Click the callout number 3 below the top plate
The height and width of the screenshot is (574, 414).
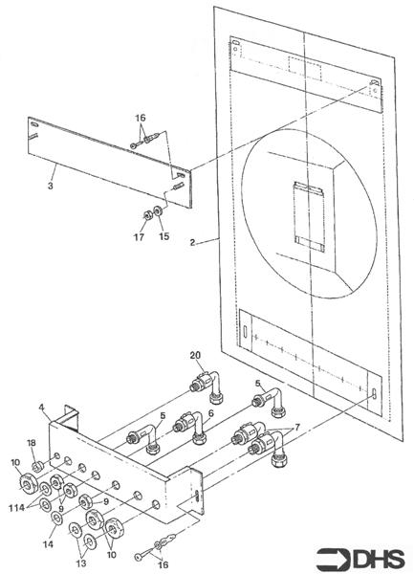[x=51, y=186]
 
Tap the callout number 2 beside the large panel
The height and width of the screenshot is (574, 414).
[x=193, y=242]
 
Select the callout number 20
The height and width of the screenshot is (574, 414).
[x=195, y=355]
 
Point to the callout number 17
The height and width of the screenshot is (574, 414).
[x=139, y=237]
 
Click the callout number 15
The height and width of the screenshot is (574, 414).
[x=164, y=236]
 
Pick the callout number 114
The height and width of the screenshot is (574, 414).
[x=17, y=508]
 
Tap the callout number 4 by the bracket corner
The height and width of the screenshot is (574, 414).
[x=42, y=408]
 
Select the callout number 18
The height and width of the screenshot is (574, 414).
[x=32, y=443]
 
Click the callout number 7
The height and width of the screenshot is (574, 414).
[x=296, y=428]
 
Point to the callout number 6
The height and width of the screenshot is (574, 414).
[x=210, y=413]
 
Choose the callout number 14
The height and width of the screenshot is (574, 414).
[x=48, y=544]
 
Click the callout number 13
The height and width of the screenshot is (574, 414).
[x=81, y=563]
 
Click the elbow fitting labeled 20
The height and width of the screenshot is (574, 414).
[x=207, y=386]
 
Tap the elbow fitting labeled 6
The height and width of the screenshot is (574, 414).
[x=191, y=428]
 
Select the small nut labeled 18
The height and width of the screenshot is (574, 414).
[x=37, y=467]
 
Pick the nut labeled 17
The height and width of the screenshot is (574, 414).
[x=148, y=215]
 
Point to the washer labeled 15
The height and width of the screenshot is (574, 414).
[x=159, y=211]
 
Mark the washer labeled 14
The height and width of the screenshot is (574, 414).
[x=56, y=519]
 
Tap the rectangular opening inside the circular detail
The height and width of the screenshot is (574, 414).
[x=309, y=217]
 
